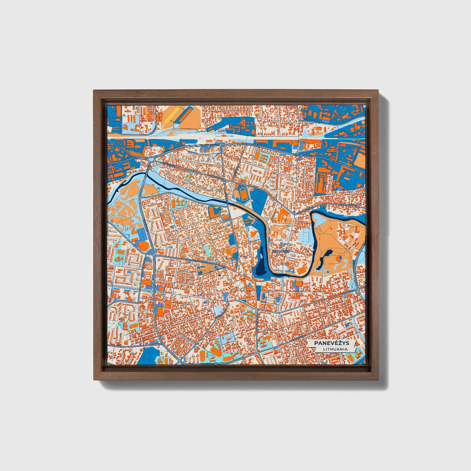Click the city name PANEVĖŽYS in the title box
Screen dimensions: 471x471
coord(327,343)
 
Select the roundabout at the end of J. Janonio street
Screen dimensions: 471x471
coord(153,159)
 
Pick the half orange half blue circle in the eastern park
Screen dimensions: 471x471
coord(338,258)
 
